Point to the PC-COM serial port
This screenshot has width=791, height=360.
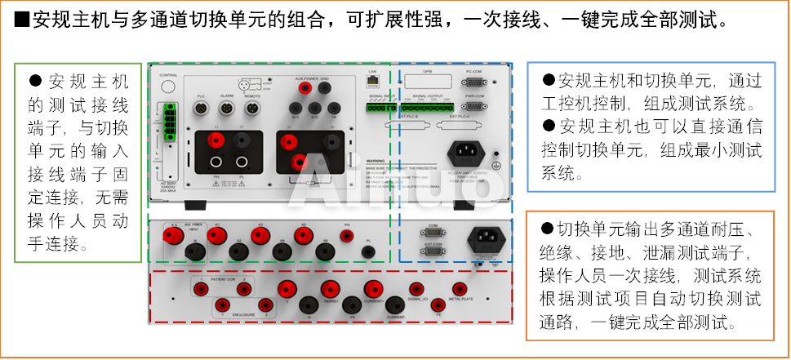(x=474, y=82)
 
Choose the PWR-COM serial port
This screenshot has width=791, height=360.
(x=474, y=105)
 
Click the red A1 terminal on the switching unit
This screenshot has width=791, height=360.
(x=216, y=235)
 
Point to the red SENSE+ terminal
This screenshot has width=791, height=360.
(x=330, y=289)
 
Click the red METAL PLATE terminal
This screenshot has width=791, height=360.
(x=460, y=289)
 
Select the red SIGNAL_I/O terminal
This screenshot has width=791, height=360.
(x=416, y=289)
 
